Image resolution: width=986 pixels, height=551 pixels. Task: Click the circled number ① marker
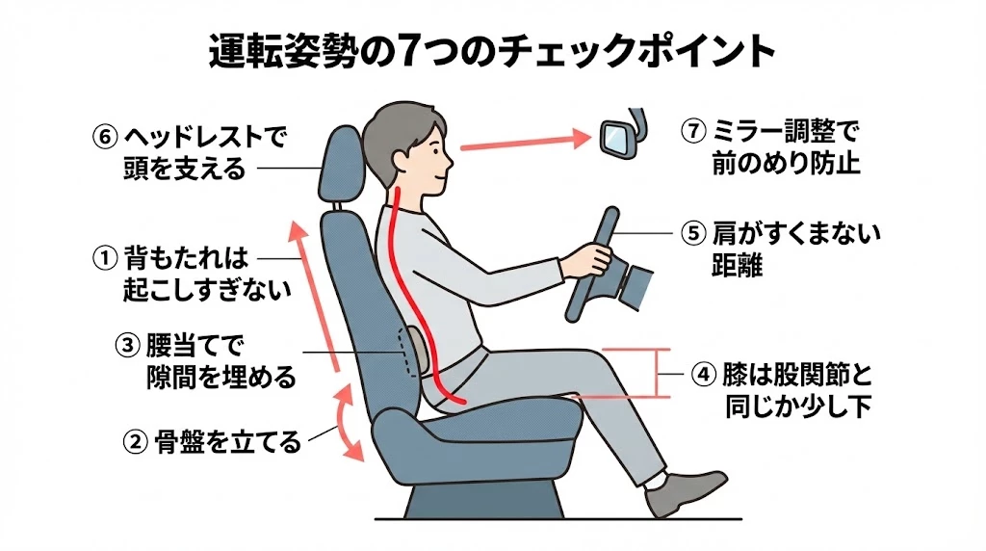[105, 258]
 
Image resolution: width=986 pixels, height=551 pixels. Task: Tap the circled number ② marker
[135, 442]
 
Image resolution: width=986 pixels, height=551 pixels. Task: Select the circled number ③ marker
[127, 345]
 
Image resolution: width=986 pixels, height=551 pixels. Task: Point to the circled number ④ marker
[703, 375]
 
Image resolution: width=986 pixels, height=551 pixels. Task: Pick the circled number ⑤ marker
[693, 234]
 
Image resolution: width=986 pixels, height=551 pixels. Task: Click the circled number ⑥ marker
[104, 137]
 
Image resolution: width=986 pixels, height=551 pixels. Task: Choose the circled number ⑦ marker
[693, 131]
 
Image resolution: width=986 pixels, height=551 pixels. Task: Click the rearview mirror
[617, 139]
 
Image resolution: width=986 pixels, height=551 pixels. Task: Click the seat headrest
[342, 164]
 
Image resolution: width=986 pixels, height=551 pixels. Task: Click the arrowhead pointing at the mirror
[581, 138]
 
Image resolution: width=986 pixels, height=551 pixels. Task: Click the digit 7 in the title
[407, 51]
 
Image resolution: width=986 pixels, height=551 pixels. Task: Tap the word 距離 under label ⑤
[737, 266]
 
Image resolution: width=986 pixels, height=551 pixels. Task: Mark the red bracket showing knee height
[658, 373]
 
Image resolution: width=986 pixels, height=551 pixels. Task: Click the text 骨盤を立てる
[227, 442]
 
